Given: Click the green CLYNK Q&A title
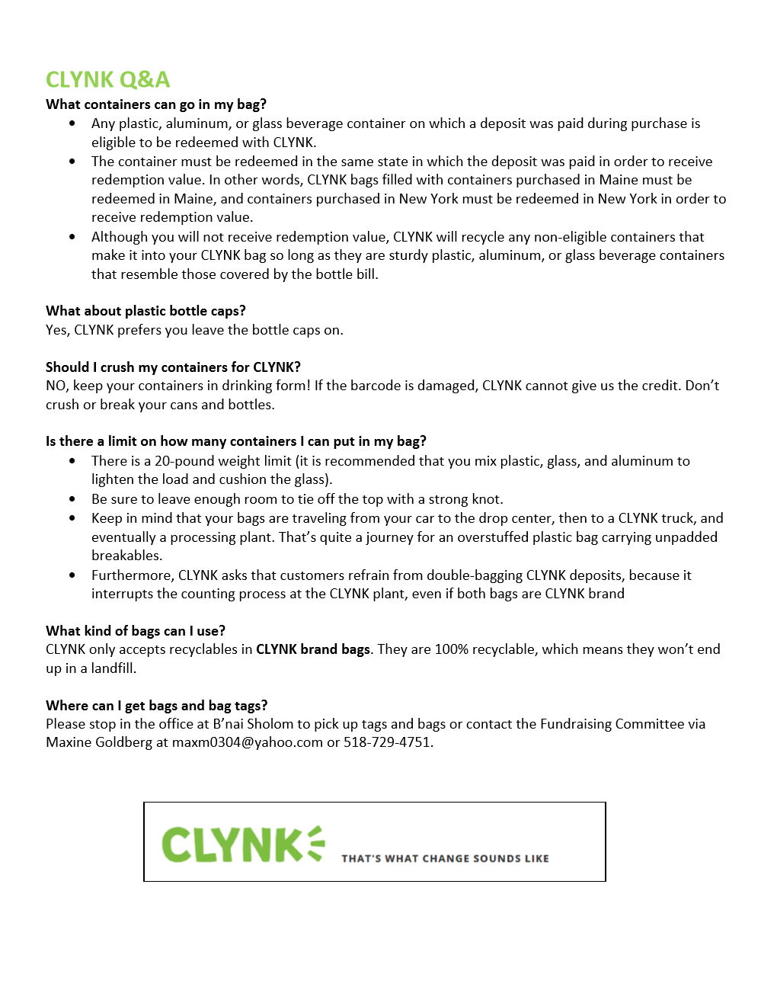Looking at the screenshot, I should point(107,79).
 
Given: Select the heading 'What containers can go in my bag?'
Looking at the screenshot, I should point(156,104).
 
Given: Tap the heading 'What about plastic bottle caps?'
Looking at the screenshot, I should point(145,311).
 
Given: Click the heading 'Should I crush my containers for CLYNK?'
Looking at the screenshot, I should point(173,367).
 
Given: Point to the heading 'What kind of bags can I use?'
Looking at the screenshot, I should point(136,631).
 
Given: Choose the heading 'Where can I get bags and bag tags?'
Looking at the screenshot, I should point(156,706).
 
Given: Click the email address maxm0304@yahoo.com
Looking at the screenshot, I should point(247,742).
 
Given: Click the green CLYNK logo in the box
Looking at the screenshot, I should point(242,844).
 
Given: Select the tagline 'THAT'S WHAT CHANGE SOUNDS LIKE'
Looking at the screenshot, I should point(445,859).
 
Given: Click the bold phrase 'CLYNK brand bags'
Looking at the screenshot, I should point(312,649).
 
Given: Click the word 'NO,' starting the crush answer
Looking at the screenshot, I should point(57,386).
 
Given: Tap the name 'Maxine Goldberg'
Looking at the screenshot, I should point(99,742).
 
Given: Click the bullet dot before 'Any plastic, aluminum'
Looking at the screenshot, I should point(72,123).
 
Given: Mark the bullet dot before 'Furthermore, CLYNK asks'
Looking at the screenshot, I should point(72,575).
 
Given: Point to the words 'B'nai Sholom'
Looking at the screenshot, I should point(253,724).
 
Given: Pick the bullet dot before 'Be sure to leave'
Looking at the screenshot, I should point(72,499).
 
